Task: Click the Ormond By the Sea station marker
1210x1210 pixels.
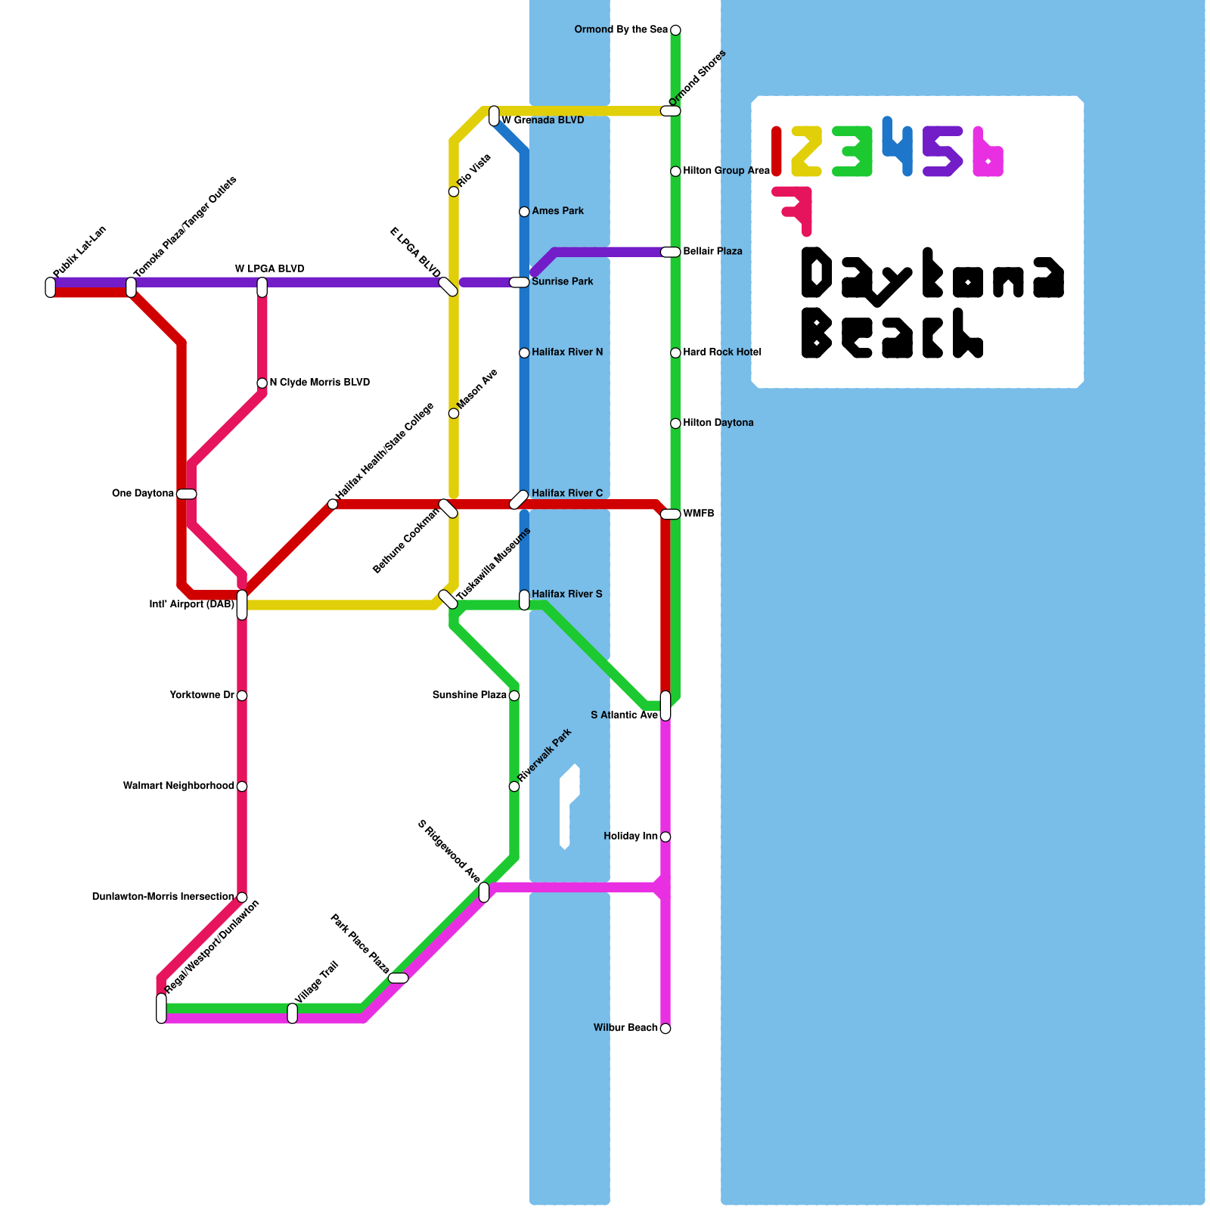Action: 675,30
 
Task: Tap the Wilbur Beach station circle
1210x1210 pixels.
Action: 665,1028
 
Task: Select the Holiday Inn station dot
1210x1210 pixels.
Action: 665,837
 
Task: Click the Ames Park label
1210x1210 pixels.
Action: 557,211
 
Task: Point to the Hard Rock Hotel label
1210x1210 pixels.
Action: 721,352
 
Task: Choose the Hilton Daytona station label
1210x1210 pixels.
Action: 718,423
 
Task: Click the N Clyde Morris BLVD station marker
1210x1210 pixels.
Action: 262,383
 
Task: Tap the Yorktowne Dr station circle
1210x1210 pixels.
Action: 242,696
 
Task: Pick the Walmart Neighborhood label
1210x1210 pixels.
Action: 178,786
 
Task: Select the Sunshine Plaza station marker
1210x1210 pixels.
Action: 514,696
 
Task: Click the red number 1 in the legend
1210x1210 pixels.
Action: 777,151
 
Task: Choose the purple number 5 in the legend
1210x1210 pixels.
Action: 942,151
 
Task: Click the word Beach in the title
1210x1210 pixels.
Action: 892,334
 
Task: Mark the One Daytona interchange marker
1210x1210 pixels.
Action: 187,495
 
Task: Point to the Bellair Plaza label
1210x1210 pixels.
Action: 712,251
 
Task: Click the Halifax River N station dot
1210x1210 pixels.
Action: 524,353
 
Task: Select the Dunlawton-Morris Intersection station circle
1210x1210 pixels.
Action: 242,898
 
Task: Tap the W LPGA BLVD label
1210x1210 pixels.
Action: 269,269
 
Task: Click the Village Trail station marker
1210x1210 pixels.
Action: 293,1013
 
